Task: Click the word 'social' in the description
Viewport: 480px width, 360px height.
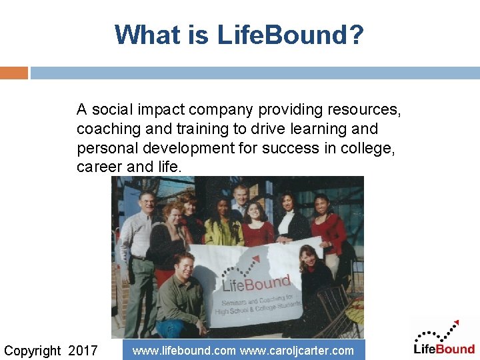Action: tap(113, 109)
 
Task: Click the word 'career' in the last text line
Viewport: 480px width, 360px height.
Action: tap(99, 167)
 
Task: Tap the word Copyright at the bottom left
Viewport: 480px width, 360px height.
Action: tap(32, 351)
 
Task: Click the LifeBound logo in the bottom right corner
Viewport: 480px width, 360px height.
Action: tap(444, 338)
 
